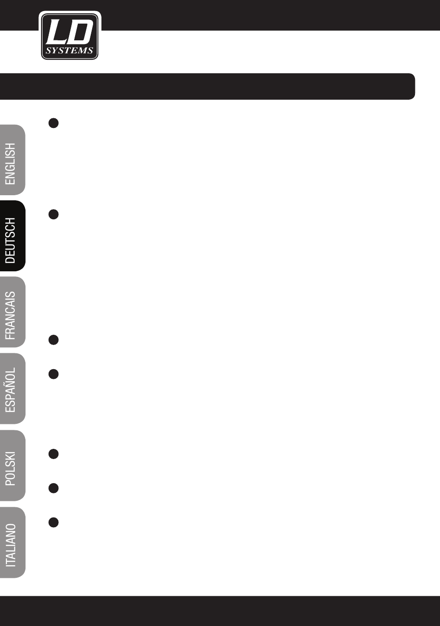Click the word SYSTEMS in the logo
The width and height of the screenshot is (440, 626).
point(69,51)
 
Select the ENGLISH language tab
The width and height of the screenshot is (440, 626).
point(12,160)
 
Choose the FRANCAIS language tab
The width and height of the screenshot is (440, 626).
point(12,313)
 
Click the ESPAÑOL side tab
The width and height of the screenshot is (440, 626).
point(12,389)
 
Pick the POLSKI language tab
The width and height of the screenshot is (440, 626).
point(12,466)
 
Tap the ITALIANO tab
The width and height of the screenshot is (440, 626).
point(12,543)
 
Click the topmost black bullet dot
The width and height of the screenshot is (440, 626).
point(53,123)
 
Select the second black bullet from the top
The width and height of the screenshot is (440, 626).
point(53,214)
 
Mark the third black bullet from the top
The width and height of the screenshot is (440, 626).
point(53,340)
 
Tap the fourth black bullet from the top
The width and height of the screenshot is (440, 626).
point(53,374)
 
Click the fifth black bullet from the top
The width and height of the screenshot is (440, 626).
point(53,454)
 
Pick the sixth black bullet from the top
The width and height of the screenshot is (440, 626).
point(53,488)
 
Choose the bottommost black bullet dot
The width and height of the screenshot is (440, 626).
point(53,522)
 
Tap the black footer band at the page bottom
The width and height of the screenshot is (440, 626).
point(220,611)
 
